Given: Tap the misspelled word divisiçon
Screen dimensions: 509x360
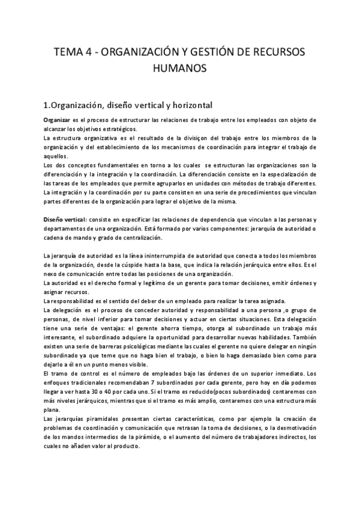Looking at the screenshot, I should pyautogui.click(x=193, y=138).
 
